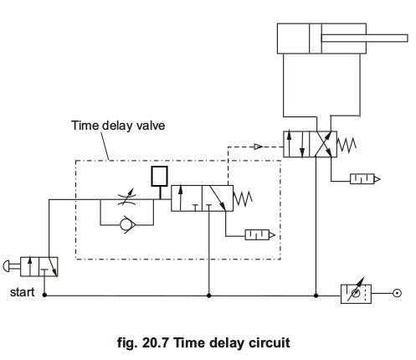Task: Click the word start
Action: coord(22,292)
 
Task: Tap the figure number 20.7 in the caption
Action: coord(155,342)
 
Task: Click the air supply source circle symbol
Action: coord(397,293)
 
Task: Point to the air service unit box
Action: coord(356,294)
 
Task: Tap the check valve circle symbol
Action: coord(126,224)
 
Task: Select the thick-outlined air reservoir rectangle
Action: coord(160,176)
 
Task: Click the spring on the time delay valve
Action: coord(243,198)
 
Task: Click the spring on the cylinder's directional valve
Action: coord(347,145)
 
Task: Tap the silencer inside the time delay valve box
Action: coord(259,235)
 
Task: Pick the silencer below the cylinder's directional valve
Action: coord(365,179)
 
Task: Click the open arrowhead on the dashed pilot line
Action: coord(258,147)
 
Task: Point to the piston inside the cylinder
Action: coord(316,39)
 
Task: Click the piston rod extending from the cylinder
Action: coord(364,39)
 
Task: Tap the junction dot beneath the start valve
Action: coord(44,295)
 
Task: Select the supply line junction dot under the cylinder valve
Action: coord(316,296)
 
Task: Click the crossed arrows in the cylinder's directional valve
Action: coord(323,144)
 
